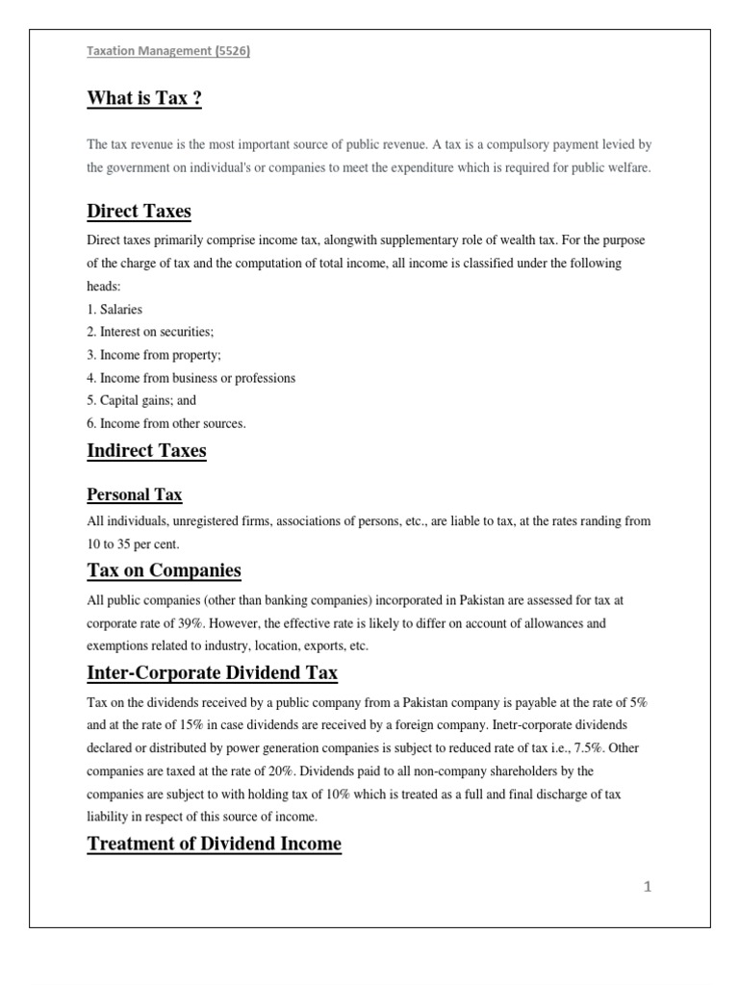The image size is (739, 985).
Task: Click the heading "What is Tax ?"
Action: (x=144, y=98)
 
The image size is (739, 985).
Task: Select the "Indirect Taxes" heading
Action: (x=146, y=450)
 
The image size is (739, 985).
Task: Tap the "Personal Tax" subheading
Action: (x=135, y=495)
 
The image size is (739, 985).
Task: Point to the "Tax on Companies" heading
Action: (x=164, y=571)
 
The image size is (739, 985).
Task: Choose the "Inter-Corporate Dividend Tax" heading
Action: (x=212, y=672)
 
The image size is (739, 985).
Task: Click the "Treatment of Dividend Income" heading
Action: (x=214, y=844)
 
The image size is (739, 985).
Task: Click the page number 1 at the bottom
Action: (x=648, y=888)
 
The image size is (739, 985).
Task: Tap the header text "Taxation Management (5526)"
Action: (x=168, y=54)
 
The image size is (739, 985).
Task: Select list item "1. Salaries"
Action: (x=115, y=310)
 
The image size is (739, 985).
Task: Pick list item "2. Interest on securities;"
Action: (x=150, y=332)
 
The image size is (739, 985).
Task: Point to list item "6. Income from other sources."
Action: (x=166, y=423)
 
